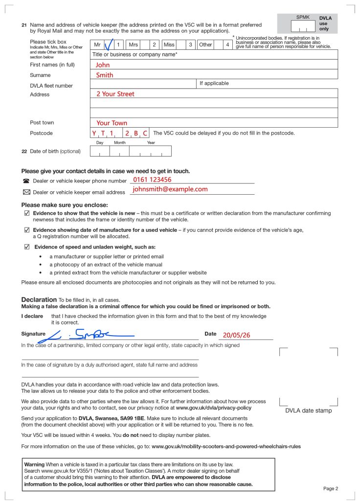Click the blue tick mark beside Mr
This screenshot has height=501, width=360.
(x=110, y=45)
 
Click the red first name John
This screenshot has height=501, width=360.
(x=103, y=65)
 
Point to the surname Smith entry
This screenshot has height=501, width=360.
(x=104, y=75)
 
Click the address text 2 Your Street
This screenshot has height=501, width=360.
(x=115, y=94)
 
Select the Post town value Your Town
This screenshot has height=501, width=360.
(x=112, y=123)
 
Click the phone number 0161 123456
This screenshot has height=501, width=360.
(x=152, y=180)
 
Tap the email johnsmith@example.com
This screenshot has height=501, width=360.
(x=170, y=189)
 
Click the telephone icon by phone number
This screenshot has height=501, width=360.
(x=26, y=181)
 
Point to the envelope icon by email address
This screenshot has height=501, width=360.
(x=26, y=192)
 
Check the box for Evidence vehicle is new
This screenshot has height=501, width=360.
(x=27, y=213)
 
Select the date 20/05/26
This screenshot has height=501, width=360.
(x=236, y=336)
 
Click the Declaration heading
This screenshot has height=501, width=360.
(x=39, y=299)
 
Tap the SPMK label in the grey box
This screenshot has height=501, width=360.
(x=303, y=18)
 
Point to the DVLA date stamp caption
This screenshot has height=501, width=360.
(x=308, y=410)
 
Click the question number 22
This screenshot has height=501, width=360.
(x=24, y=151)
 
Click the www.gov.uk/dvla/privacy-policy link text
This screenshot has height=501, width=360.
(x=213, y=408)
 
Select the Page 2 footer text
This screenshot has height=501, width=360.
(x=331, y=488)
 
